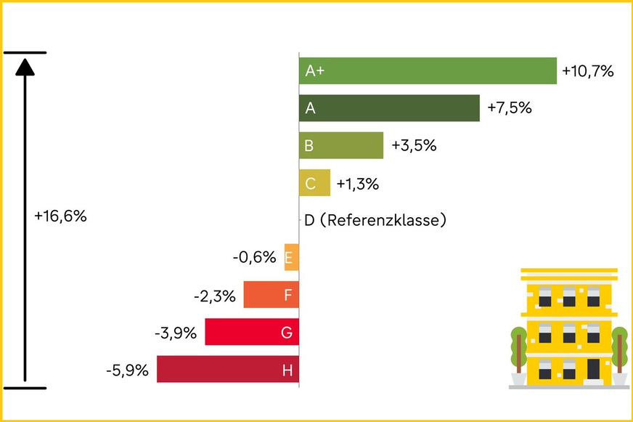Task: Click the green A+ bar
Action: (428, 71)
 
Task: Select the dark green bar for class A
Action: (389, 108)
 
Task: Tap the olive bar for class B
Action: (341, 145)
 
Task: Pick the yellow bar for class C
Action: (315, 183)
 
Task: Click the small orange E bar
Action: (291, 257)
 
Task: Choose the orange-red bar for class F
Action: (271, 295)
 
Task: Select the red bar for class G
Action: (252, 332)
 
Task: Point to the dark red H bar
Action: (227, 370)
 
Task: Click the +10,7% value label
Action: (588, 71)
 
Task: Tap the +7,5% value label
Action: (510, 108)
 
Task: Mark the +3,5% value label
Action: (414, 145)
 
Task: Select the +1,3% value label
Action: (357, 184)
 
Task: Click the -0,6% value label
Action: (254, 257)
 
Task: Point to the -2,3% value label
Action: (215, 296)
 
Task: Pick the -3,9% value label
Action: (176, 333)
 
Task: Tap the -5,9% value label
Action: (127, 370)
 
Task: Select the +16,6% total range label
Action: (60, 216)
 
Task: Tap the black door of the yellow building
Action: (593, 368)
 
